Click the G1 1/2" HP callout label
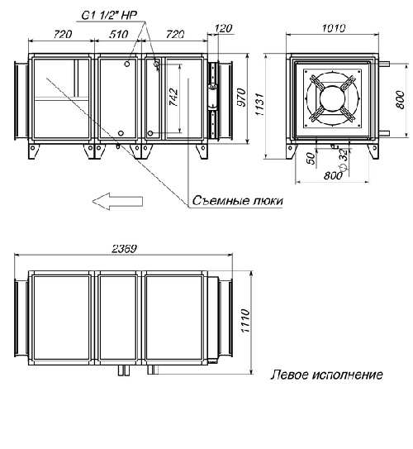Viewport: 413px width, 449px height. click(x=109, y=15)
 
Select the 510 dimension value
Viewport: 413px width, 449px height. click(x=118, y=35)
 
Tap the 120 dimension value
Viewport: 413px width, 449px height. click(x=223, y=28)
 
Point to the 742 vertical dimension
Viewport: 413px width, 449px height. click(x=173, y=98)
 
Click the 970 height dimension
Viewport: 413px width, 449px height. click(x=242, y=98)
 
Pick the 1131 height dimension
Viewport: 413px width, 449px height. click(x=260, y=104)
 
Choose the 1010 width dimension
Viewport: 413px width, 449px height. click(x=334, y=28)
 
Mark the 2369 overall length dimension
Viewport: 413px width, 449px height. click(x=124, y=249)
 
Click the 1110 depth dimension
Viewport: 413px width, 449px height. click(x=245, y=321)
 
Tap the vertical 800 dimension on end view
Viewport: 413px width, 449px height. click(x=401, y=100)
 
